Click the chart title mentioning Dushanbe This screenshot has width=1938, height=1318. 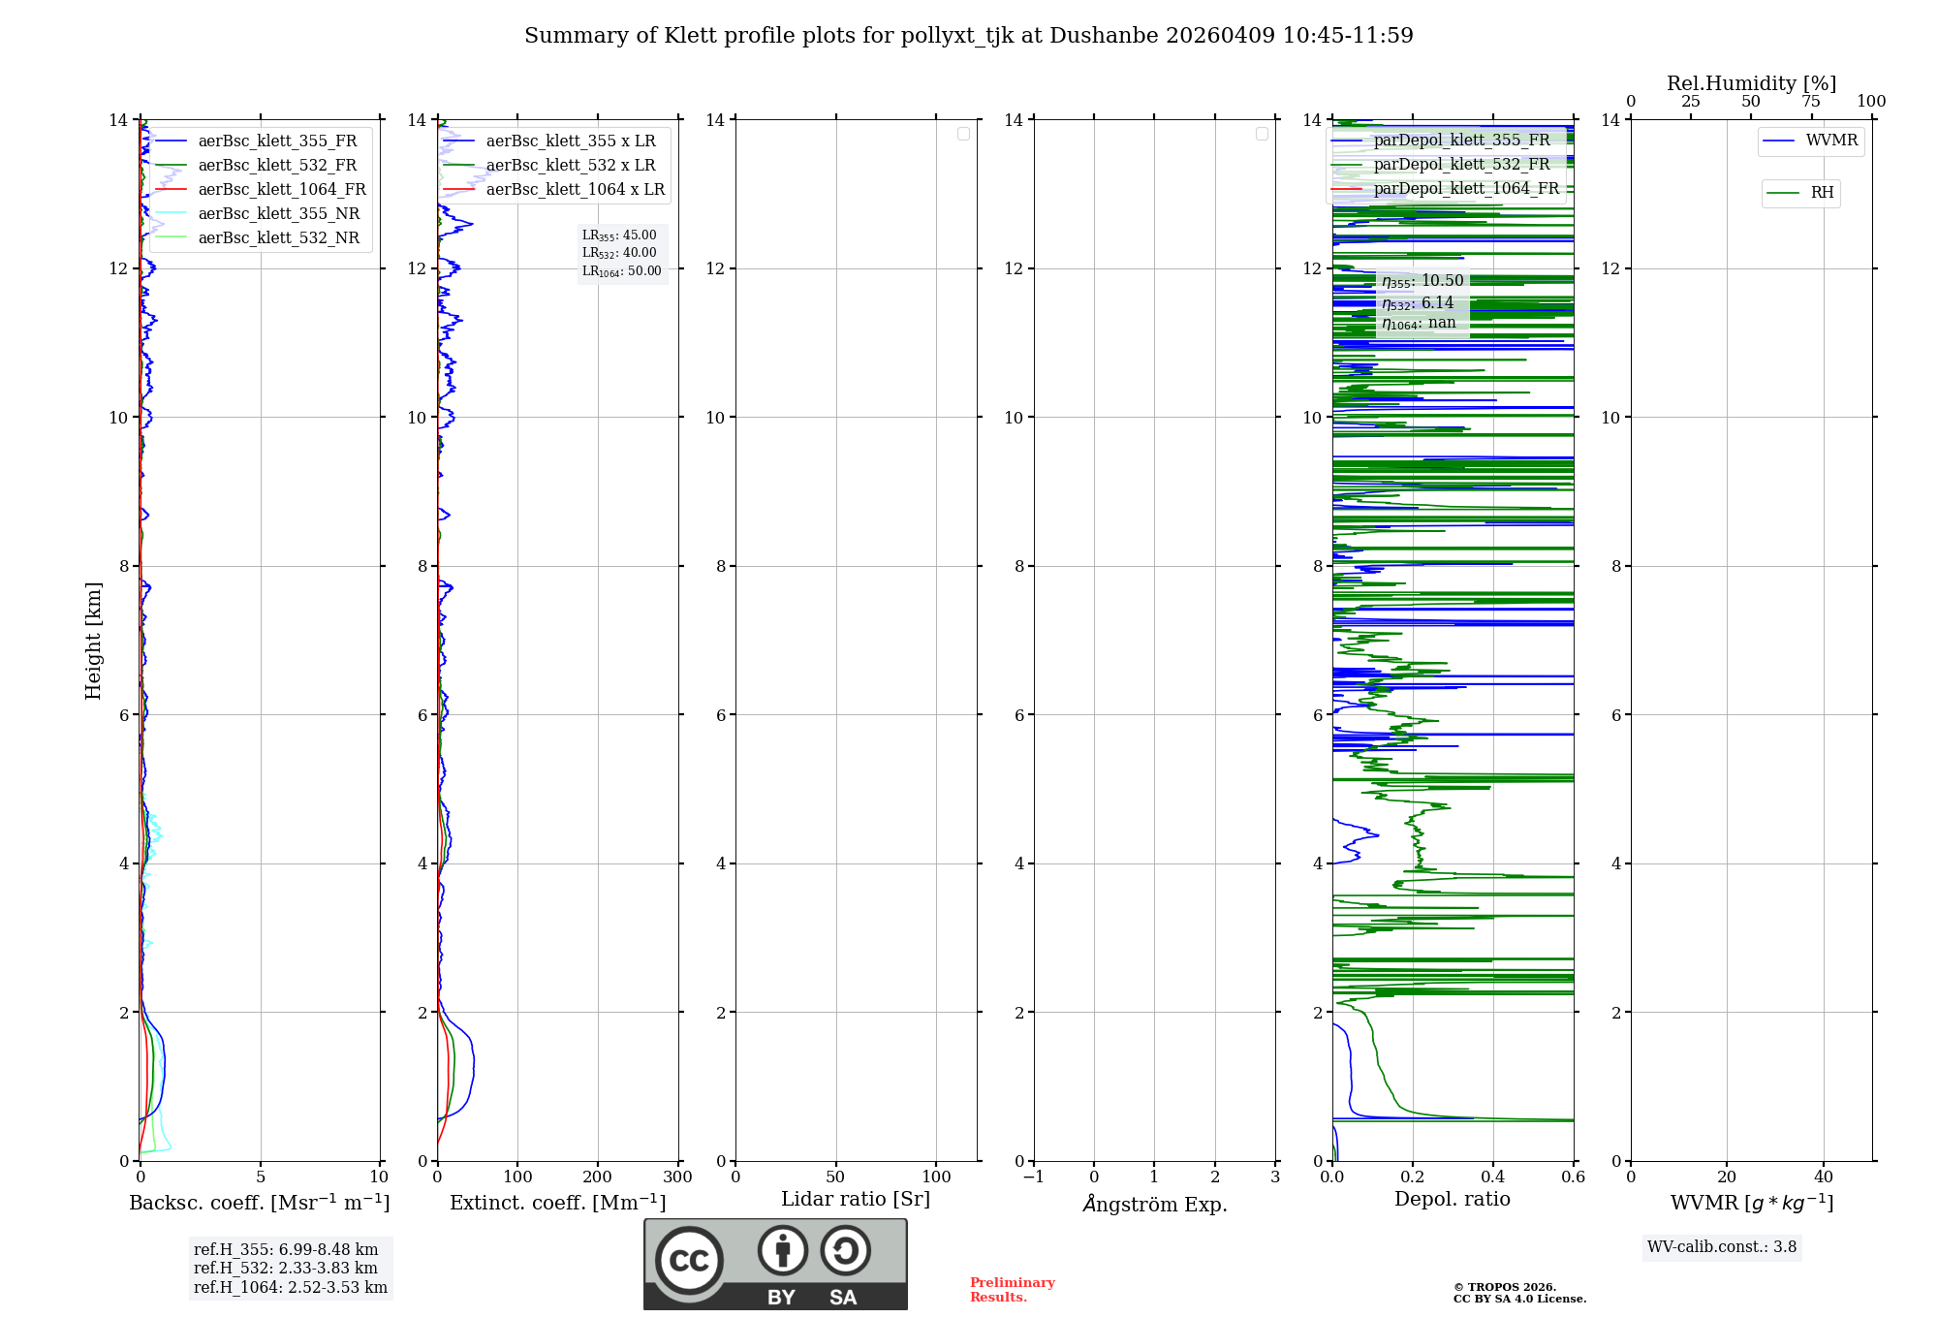coord(968,36)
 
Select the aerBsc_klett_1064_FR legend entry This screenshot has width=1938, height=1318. coord(281,190)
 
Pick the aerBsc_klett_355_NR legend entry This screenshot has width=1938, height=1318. coord(278,214)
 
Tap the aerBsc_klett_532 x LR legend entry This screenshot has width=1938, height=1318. coord(570,166)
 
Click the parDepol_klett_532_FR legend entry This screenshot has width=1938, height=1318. coord(1461,165)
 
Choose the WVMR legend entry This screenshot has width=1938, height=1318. coord(1830,141)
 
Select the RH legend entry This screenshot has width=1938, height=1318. coord(1822,193)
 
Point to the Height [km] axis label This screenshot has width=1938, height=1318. coord(93,641)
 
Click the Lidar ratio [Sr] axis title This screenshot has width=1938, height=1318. coord(856,1200)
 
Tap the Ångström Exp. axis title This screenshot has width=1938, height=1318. coord(1154,1205)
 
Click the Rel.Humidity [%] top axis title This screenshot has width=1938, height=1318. coord(1751,83)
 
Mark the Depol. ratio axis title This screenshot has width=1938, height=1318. coord(1452,1200)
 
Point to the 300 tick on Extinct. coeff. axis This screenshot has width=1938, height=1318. coord(677,1177)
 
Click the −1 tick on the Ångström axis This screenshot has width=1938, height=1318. coord(1033,1177)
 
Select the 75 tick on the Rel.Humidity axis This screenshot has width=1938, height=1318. coord(1810,102)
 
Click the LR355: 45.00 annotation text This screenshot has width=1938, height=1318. coord(619,235)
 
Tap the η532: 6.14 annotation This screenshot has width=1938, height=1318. coord(1418,303)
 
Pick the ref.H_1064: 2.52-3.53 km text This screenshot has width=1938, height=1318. coord(290,1288)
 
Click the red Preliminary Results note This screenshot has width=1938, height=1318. coord(1012,1290)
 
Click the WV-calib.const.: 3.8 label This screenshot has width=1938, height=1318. coord(1721,1247)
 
